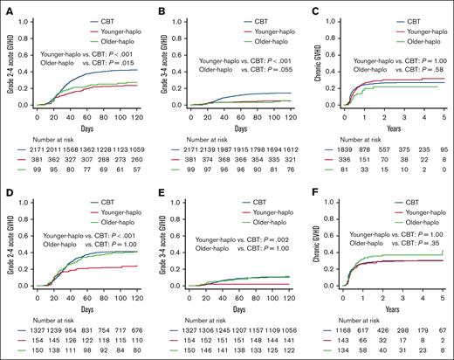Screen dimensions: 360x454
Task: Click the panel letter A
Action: (5, 6)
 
